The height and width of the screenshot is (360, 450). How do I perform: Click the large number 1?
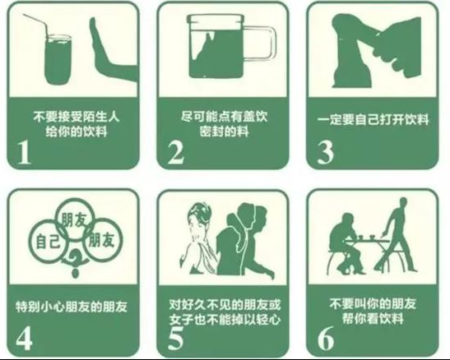pyautogui.click(x=24, y=153)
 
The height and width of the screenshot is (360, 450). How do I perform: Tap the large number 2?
pyautogui.click(x=176, y=153)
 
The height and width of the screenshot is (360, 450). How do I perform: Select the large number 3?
pyautogui.click(x=326, y=153)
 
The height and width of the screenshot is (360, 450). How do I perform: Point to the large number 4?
pyautogui.click(x=24, y=339)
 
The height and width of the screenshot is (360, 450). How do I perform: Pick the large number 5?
pyautogui.click(x=175, y=339)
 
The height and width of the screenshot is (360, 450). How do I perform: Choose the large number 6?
pyautogui.click(x=326, y=339)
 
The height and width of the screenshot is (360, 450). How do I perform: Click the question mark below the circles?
pyautogui.click(x=75, y=262)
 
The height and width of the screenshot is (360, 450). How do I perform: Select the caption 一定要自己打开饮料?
pyautogui.click(x=373, y=119)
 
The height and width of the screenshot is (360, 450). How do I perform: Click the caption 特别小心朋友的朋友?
pyautogui.click(x=72, y=307)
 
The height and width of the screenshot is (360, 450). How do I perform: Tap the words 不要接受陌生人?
pyautogui.click(x=76, y=117)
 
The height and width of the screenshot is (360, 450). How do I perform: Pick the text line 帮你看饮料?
pyautogui.click(x=373, y=318)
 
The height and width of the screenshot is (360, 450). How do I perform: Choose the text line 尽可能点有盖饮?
pyautogui.click(x=224, y=117)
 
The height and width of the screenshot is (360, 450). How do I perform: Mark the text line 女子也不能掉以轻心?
pyautogui.click(x=225, y=320)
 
